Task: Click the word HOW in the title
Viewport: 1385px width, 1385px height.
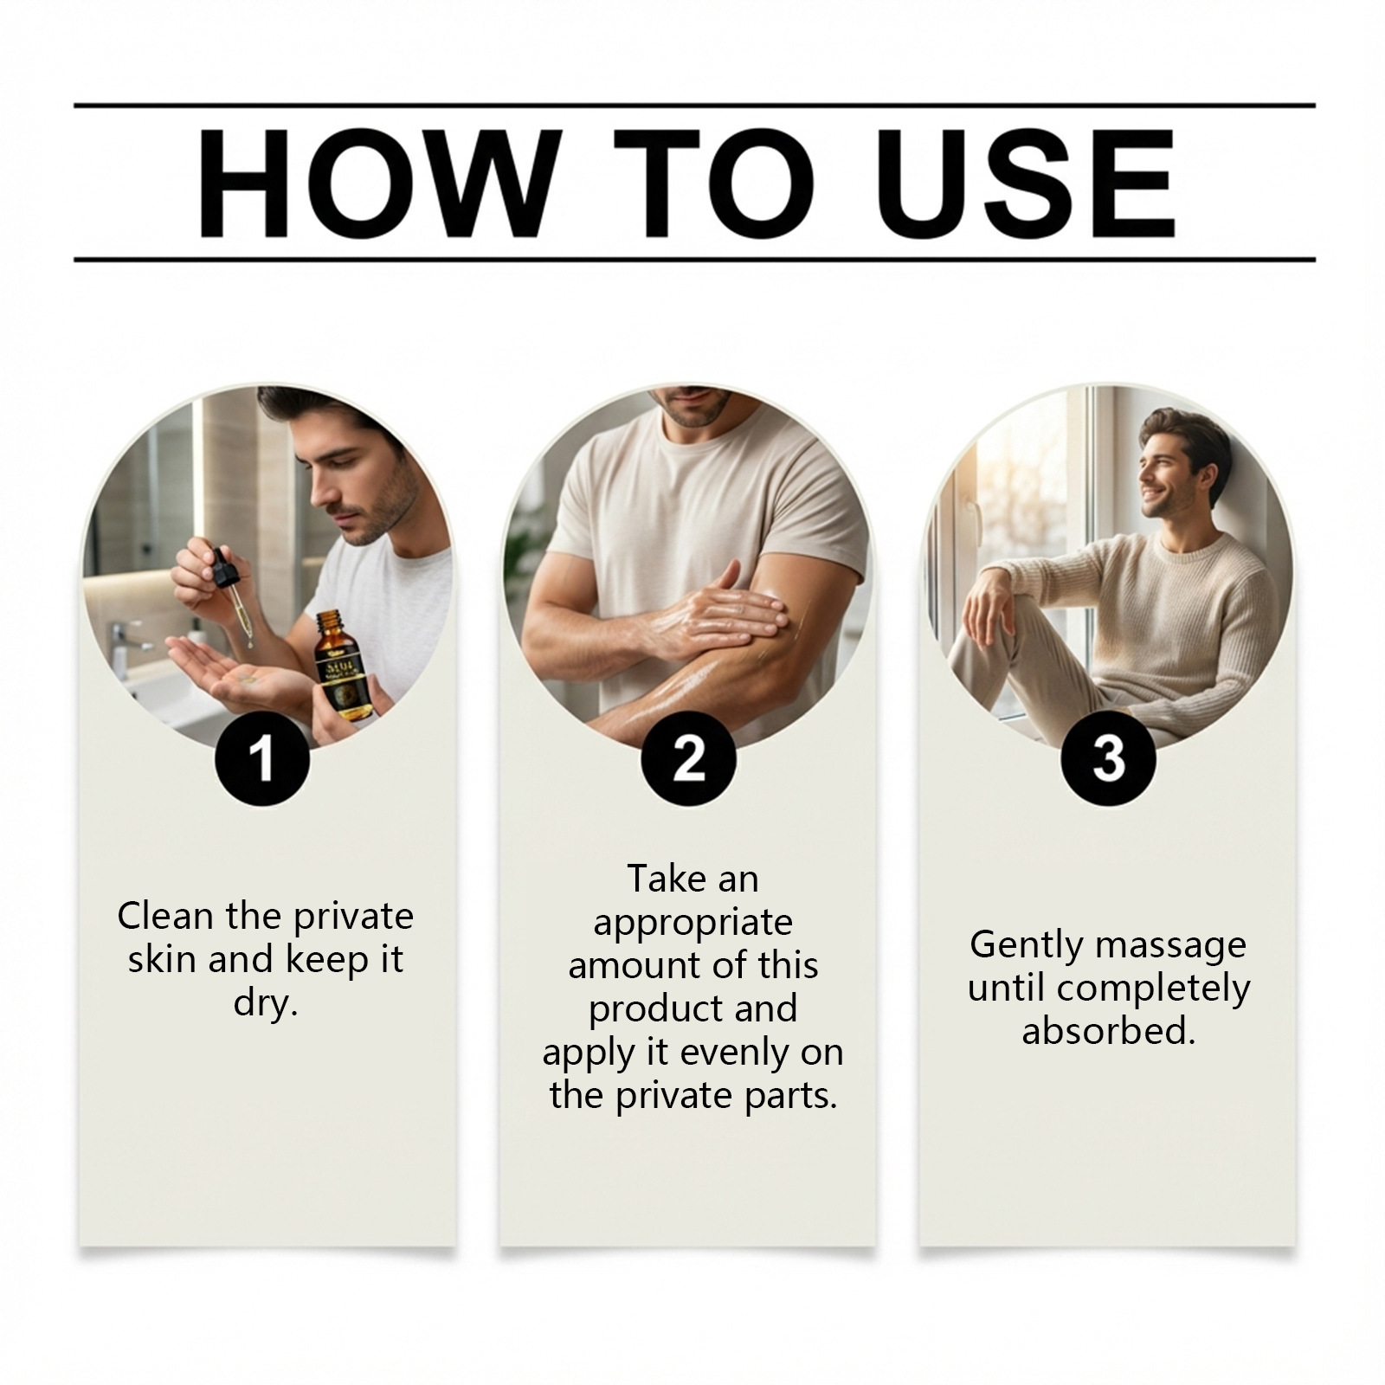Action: pos(374,184)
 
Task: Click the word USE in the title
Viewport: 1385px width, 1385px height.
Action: pos(1030,184)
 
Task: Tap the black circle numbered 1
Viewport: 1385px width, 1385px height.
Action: pos(261,758)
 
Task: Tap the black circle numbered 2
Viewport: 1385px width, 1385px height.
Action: pos(689,758)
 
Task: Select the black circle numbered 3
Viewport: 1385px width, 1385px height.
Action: pos(1109,758)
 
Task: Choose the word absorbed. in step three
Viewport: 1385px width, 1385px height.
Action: pos(1109,1031)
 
